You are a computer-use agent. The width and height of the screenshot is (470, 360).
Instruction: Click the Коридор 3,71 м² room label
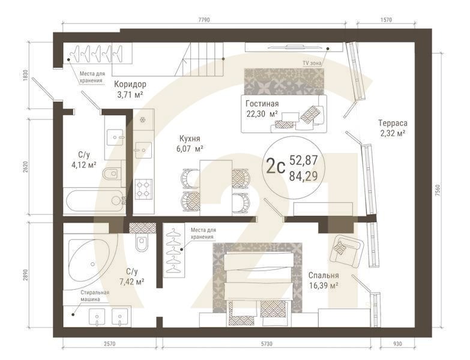[x=130, y=89]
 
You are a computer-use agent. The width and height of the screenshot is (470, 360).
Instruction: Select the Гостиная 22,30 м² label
[x=261, y=109]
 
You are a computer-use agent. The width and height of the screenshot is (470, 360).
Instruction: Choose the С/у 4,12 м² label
[x=83, y=159]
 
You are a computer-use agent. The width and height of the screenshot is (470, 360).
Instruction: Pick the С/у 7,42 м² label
[x=131, y=276]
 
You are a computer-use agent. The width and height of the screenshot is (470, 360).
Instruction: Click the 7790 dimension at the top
[x=204, y=20]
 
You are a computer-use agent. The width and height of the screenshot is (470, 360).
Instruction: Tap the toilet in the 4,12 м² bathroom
[x=111, y=175]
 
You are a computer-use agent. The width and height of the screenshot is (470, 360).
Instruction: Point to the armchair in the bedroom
[x=346, y=249]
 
